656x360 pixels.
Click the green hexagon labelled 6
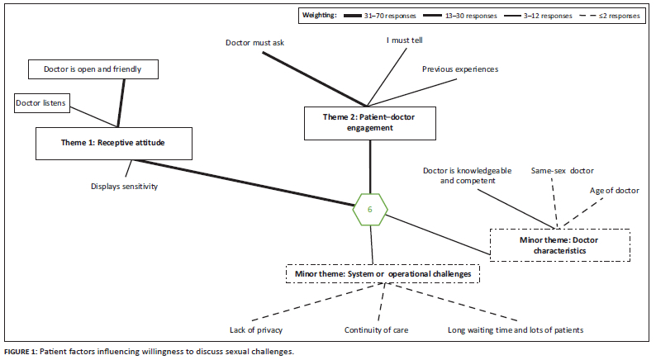pyautogui.click(x=369, y=210)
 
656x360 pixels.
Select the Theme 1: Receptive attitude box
pyautogui.click(x=114, y=142)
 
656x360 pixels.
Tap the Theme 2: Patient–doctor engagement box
pyautogui.click(x=369, y=122)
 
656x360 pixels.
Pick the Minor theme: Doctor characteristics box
pyautogui.click(x=559, y=244)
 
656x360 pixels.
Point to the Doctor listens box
pyautogui.click(x=41, y=102)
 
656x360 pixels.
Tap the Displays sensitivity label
pyautogui.click(x=124, y=186)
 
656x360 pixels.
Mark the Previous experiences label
pyautogui.click(x=460, y=69)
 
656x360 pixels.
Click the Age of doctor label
pyautogui.click(x=614, y=191)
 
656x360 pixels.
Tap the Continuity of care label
pyautogui.click(x=376, y=330)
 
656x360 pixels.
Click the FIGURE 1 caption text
pyautogui.click(x=149, y=353)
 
